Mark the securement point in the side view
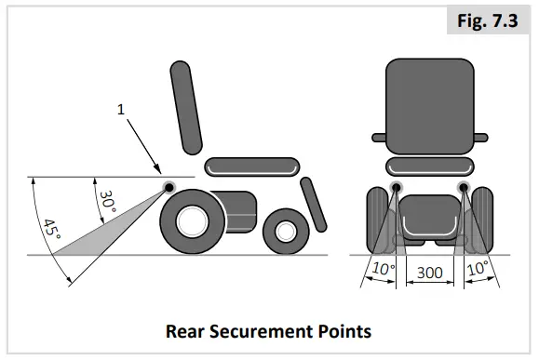(171, 188)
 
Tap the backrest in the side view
(185, 107)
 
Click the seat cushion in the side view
(252, 167)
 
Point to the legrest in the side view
(313, 204)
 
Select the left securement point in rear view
(397, 190)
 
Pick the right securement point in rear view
(463, 190)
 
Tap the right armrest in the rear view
(480, 138)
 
